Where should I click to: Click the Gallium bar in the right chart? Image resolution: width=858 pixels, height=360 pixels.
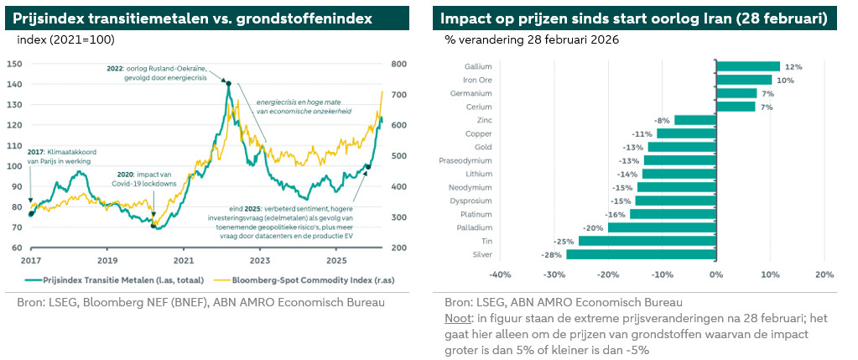[x=747, y=66]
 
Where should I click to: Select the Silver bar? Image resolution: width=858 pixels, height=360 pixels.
[x=641, y=254]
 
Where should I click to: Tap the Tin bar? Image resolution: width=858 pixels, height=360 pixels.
[x=647, y=241]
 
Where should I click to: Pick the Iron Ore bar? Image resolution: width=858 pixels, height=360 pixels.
[x=742, y=80]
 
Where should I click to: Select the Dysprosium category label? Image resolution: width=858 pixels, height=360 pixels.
[x=471, y=201]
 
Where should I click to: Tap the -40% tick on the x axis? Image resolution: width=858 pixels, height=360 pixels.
[x=500, y=274]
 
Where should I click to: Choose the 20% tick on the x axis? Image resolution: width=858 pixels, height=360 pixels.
[x=824, y=274]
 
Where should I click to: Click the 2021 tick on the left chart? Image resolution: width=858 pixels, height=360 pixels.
[x=185, y=261]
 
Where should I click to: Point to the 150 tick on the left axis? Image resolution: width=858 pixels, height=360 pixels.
[x=14, y=64]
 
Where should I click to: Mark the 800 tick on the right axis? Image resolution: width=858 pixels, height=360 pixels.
[x=398, y=64]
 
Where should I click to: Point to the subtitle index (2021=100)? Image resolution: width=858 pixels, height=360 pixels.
[x=65, y=39]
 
